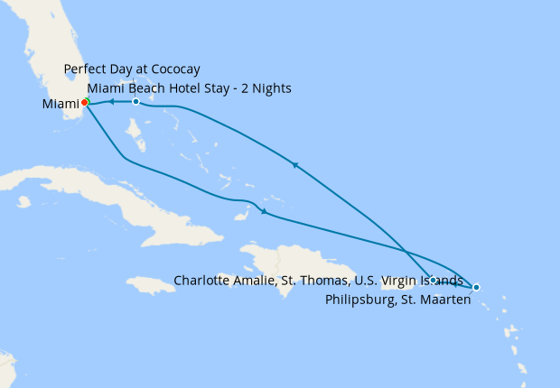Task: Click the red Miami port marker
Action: coord(84,102)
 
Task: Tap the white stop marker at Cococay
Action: coord(135,101)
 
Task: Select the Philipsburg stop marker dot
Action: coord(476,287)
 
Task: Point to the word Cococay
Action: coord(173,69)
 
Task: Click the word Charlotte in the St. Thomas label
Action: coord(203,281)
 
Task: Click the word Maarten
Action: coord(446,300)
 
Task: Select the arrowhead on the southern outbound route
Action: coord(263,212)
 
